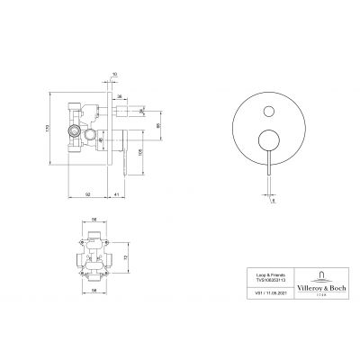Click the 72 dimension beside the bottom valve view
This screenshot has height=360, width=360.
[x=125, y=256]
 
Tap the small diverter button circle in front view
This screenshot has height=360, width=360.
[x=268, y=112]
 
